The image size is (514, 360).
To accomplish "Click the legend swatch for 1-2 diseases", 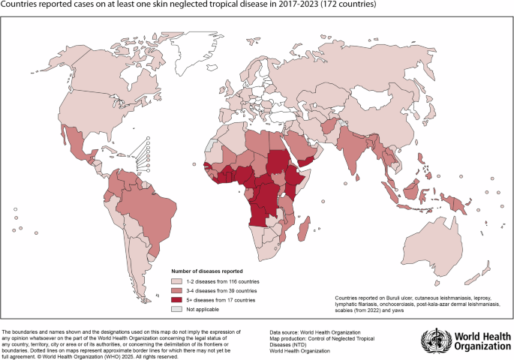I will click(x=178, y=280).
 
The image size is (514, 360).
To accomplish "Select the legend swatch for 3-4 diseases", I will click(x=178, y=289).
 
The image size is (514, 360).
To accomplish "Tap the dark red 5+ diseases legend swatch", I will click(x=178, y=299).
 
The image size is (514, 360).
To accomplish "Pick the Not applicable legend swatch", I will click(x=178, y=308).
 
